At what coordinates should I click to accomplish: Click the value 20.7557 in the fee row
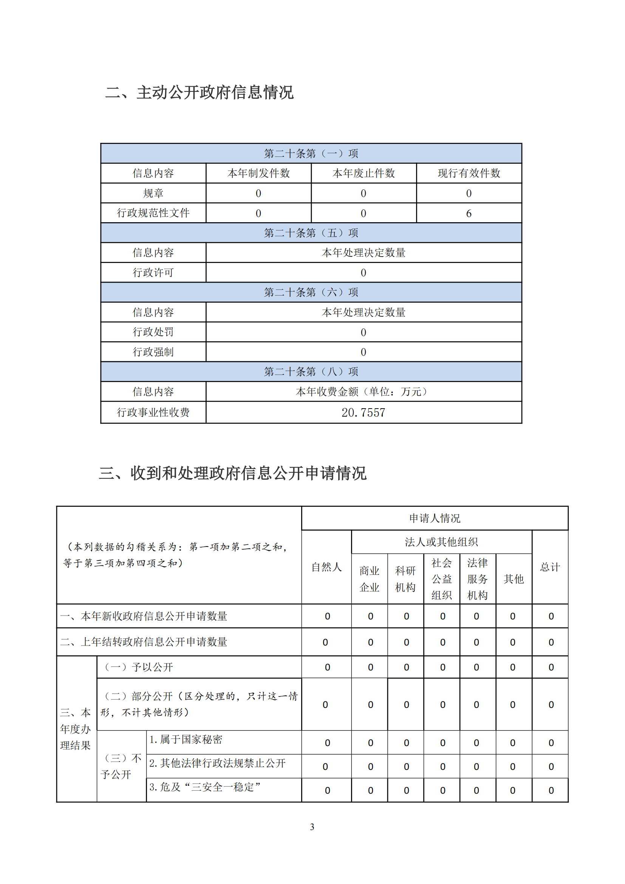point(363,412)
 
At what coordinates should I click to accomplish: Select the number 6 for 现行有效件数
point(468,213)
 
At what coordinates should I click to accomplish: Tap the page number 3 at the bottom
point(312,827)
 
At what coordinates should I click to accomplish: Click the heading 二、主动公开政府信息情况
point(200,92)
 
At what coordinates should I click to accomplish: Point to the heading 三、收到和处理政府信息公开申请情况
point(232,473)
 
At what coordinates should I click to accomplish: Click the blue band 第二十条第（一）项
point(311,153)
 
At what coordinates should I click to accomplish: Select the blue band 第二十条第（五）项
point(311,233)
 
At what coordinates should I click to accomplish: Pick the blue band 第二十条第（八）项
point(311,372)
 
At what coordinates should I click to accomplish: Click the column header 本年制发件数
point(258,173)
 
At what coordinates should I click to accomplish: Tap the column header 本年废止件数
point(364,173)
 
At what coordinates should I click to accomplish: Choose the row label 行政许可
point(153,272)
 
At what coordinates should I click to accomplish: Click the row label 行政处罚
point(153,332)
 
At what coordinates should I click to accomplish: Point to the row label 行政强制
point(153,352)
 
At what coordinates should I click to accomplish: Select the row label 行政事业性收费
point(153,412)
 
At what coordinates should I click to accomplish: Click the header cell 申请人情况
point(435,518)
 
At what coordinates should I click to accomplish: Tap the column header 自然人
point(326,567)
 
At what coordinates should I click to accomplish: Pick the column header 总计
point(550,567)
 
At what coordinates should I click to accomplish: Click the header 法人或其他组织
point(441,542)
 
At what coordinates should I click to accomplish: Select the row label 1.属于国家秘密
point(186,739)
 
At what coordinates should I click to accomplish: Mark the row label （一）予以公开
point(139,667)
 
